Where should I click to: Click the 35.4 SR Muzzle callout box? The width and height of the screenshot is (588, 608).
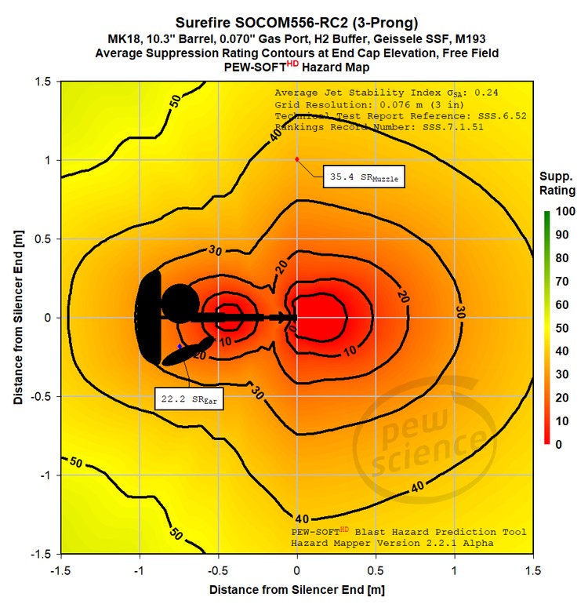pos(364,177)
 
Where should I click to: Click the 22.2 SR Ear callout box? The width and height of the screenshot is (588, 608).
pos(189,399)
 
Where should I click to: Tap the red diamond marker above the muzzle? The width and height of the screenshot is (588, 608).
pos(297,159)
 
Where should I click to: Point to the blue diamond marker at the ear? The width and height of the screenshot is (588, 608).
pos(180,346)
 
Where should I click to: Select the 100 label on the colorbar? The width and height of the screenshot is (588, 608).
pos(565,211)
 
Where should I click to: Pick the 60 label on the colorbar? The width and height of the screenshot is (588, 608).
pos(562,304)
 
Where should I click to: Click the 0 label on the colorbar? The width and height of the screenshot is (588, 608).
pos(558,444)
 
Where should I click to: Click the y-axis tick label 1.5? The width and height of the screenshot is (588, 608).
pos(43,82)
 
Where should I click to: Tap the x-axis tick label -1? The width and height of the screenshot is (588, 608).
pos(139,571)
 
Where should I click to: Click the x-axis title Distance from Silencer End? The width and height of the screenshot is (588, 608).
pos(297,590)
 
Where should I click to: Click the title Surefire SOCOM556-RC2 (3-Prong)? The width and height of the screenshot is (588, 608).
pos(297,23)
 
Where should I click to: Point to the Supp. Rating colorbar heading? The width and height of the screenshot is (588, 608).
pos(557,184)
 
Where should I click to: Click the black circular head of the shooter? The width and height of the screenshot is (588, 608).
pos(180,304)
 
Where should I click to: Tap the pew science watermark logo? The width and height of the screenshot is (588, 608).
pos(424,440)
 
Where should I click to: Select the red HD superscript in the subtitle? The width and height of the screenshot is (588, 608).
pos(292,64)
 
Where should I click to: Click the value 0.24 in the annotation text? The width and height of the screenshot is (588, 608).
pos(486,93)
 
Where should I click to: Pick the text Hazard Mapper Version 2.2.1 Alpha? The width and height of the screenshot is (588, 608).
pos(392,543)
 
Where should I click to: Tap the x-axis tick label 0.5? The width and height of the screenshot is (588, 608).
pos(376,571)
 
